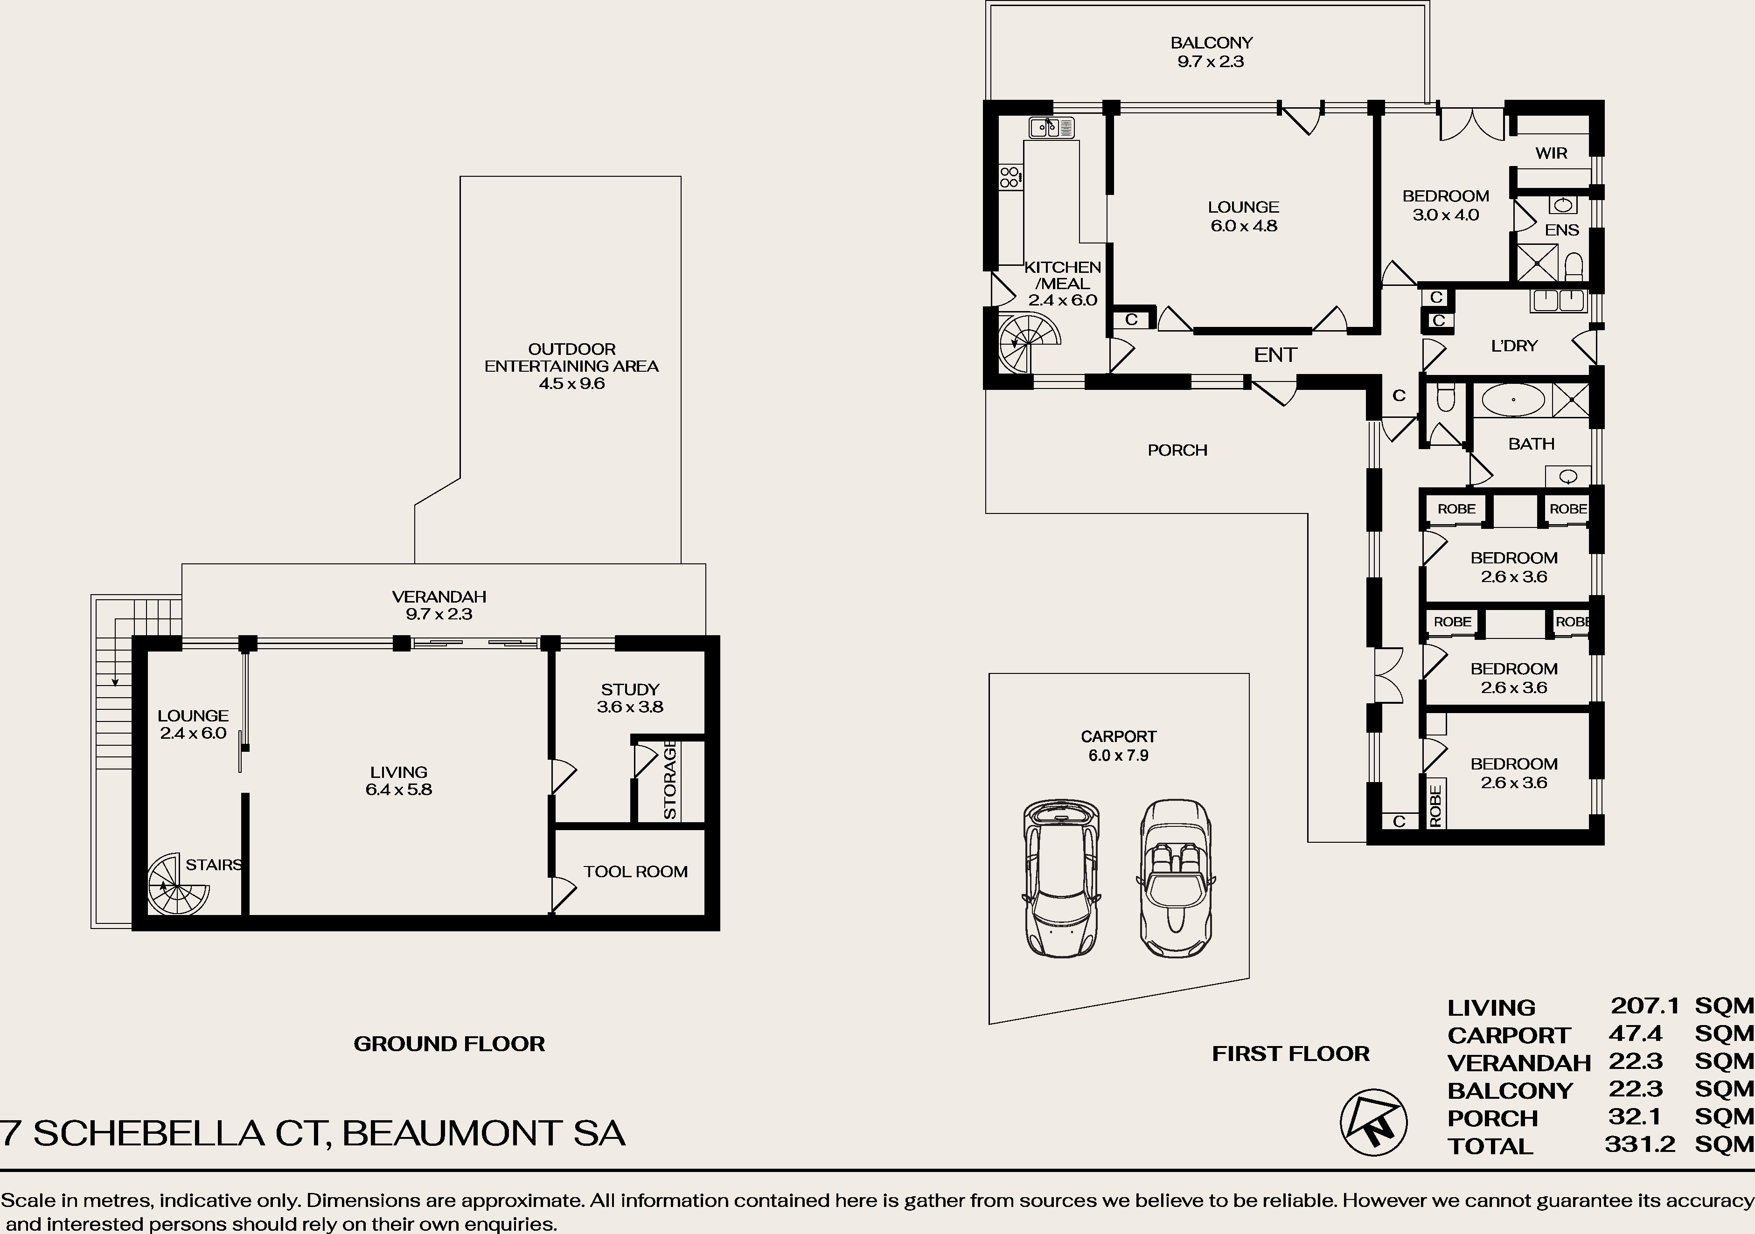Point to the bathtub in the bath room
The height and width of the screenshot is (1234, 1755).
(x=1513, y=400)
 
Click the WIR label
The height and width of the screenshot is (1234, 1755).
(x=1551, y=153)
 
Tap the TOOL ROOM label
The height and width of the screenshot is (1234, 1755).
(x=635, y=872)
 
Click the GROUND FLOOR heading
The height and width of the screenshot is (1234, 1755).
(x=449, y=1044)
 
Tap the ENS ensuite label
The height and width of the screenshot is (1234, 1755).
(x=1561, y=230)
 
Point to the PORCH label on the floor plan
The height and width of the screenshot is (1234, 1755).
(x=1177, y=450)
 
